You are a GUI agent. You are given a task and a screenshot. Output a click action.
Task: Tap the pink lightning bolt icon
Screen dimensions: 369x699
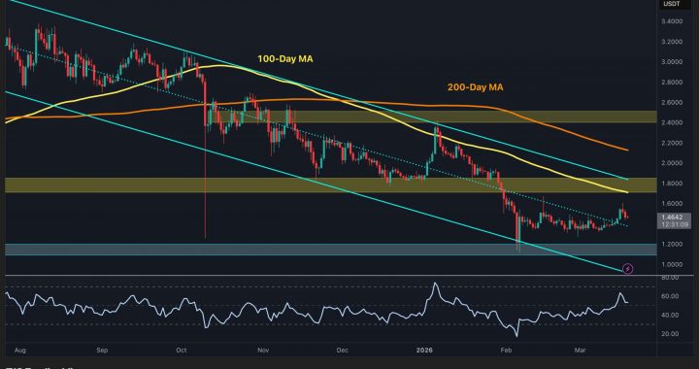pyautogui.click(x=627, y=268)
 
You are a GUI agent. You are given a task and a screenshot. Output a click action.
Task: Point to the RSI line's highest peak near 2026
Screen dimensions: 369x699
pyautogui.click(x=436, y=284)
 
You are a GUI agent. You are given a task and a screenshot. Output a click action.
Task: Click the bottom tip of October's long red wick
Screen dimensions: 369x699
pyautogui.click(x=206, y=237)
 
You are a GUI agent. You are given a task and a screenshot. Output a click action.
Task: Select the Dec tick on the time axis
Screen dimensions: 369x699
pyautogui.click(x=341, y=347)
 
